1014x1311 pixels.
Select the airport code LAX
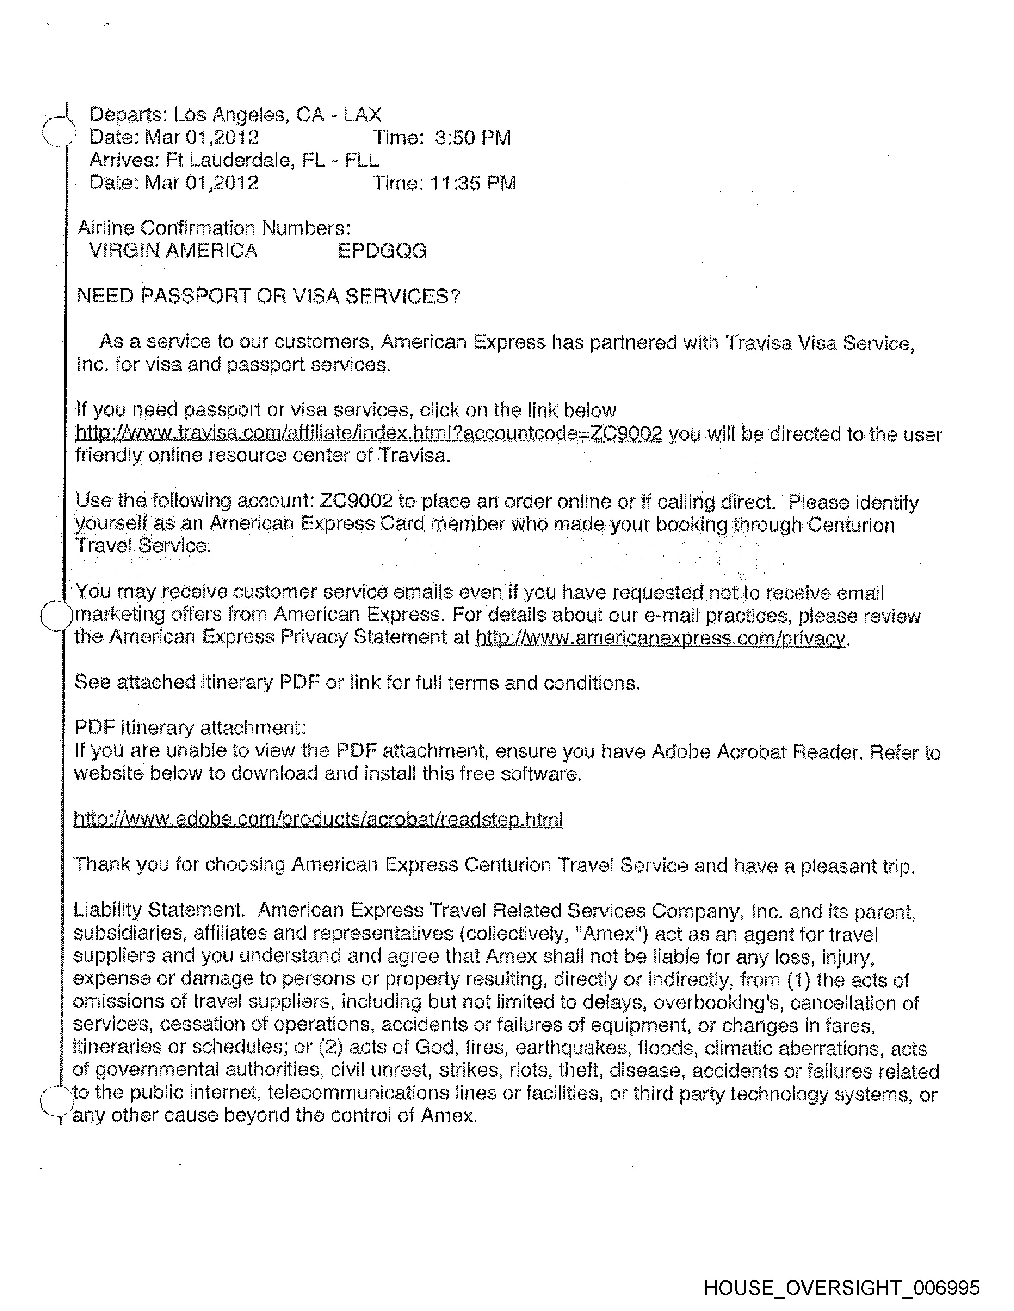point(362,115)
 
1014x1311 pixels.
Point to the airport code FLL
point(361,160)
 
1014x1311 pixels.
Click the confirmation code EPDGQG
point(382,251)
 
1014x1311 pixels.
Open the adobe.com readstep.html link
point(318,819)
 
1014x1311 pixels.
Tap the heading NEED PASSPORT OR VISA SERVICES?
point(268,296)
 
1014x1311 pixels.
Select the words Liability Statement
point(158,910)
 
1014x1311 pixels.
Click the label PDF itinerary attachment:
point(190,727)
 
